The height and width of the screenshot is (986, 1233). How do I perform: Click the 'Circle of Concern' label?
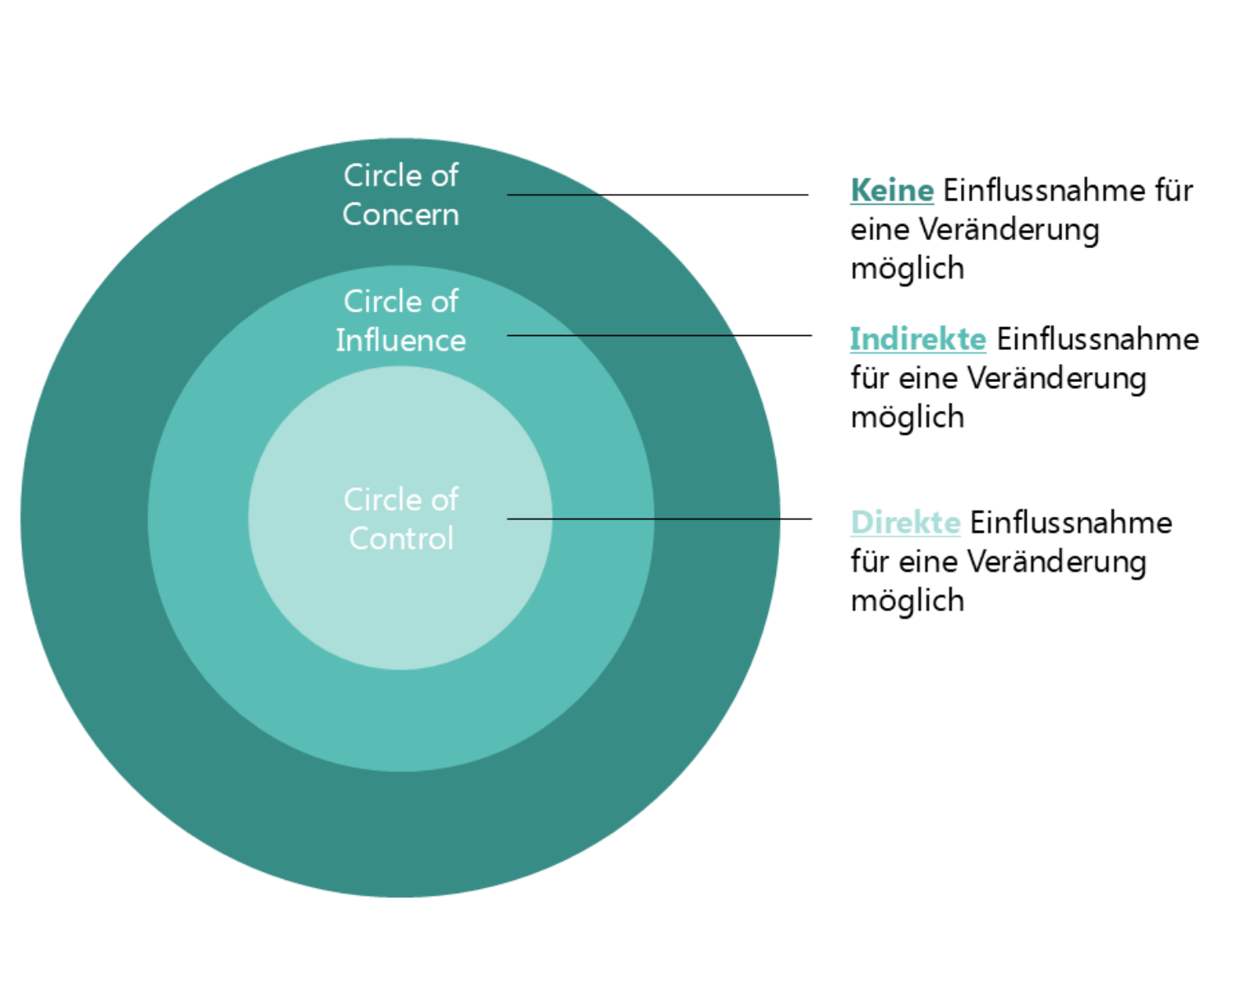pos(401,195)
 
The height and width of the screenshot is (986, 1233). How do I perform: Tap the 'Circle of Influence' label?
pos(401,320)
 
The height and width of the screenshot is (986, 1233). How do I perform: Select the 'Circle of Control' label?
pos(401,519)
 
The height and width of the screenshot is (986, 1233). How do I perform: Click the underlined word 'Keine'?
pos(892,190)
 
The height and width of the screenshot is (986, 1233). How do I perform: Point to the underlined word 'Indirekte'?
pos(918,339)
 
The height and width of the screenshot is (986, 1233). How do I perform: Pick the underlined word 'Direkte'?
pos(905,523)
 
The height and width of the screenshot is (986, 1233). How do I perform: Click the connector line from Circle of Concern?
pos(658,195)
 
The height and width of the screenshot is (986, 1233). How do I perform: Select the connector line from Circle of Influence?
pos(659,335)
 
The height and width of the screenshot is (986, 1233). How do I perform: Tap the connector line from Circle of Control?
pos(659,519)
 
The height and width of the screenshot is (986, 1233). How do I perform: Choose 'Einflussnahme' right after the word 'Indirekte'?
pos(1098,339)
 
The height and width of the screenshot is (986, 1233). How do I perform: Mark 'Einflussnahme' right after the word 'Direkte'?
pos(1071,523)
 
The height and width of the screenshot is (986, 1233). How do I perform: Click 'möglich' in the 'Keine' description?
pos(907,269)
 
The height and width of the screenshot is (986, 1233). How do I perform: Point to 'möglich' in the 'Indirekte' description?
pos(907,417)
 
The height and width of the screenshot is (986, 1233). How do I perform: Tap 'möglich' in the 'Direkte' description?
pos(907,601)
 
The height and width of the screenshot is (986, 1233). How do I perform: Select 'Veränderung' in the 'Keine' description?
pos(1009,230)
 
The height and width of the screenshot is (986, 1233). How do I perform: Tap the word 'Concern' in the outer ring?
pos(401,214)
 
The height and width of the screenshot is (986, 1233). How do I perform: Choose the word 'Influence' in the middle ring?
pos(401,340)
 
